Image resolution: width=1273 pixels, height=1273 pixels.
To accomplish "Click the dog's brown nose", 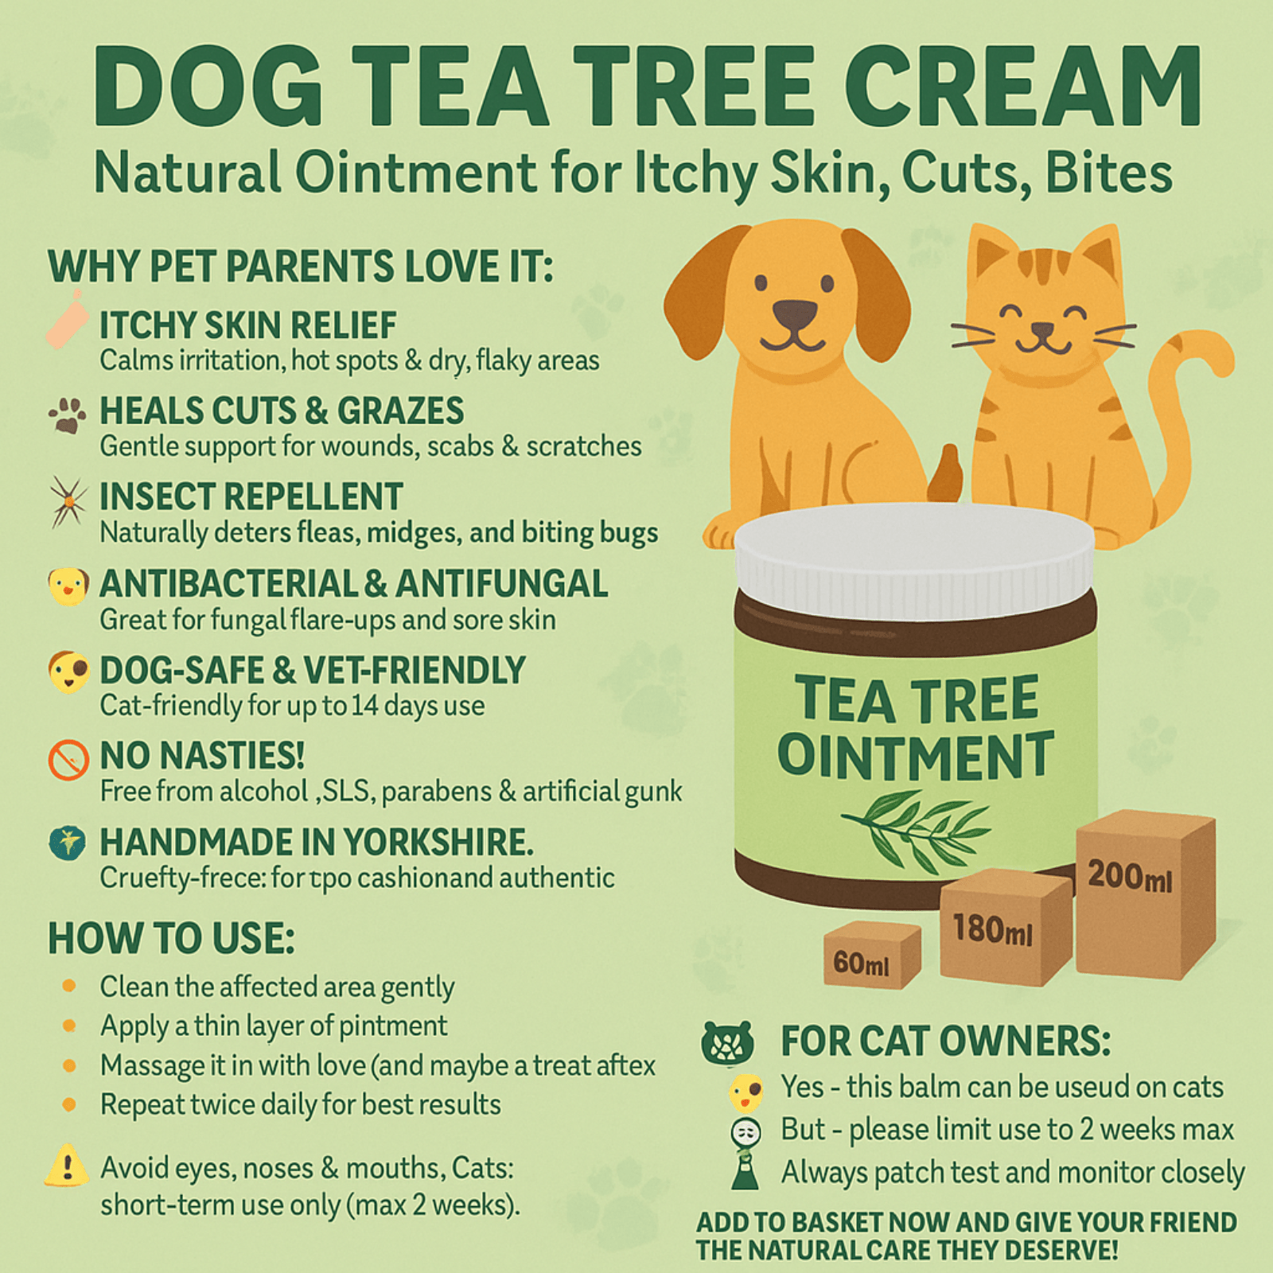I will [x=795, y=315].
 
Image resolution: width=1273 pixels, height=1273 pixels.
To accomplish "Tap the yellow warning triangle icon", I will [x=67, y=1167].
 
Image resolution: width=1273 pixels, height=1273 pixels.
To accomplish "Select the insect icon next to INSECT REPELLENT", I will [x=68, y=501].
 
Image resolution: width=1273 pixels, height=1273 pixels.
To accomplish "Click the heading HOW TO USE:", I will [x=171, y=938].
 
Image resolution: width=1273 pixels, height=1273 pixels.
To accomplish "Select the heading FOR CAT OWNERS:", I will [x=945, y=1040].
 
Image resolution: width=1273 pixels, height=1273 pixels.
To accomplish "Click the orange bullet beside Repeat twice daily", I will [x=69, y=1104].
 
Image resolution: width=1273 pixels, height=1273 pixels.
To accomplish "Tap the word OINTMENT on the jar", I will [x=915, y=756].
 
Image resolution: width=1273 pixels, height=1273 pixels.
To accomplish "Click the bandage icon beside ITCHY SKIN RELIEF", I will [x=67, y=320].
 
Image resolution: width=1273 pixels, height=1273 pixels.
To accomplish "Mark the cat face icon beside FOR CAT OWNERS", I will [x=727, y=1042].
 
